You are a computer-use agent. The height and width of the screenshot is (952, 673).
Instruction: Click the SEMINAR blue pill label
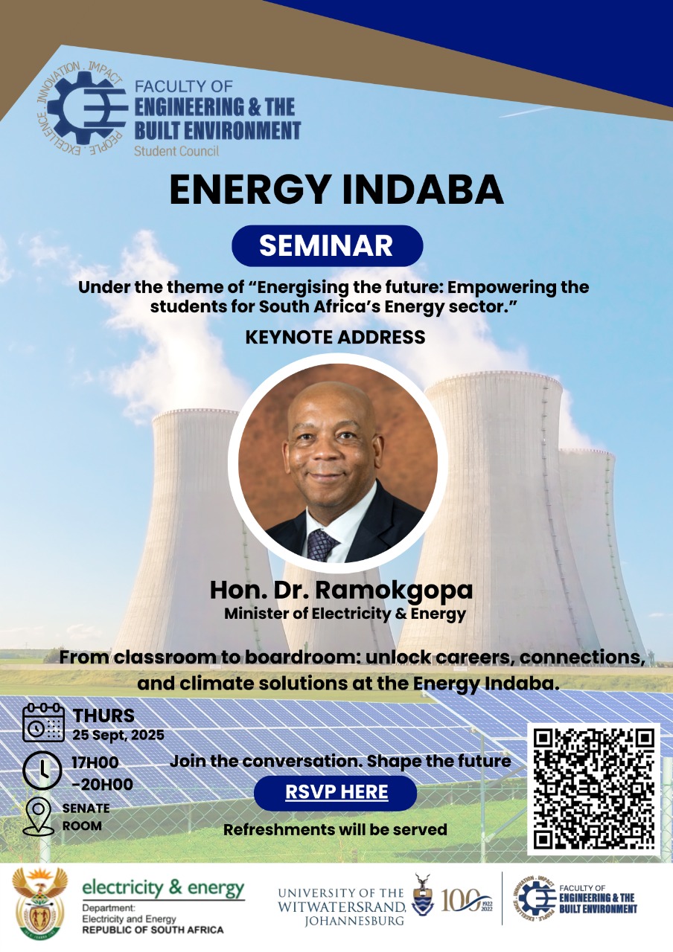327,246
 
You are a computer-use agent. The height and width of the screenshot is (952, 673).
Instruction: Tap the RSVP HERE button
336,792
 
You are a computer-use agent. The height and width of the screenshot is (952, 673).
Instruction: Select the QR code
594,788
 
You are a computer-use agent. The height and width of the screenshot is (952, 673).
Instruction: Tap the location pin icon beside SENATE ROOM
39,816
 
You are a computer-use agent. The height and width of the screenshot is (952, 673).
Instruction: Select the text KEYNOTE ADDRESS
335,337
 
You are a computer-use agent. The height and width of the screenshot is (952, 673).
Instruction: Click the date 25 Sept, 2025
118,735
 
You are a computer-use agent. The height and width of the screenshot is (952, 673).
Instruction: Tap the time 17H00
95,762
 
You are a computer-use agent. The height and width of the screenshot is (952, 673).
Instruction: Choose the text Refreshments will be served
335,829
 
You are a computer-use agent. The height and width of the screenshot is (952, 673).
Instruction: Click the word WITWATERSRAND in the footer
342,907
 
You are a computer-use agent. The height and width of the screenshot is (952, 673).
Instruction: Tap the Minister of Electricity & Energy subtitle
345,614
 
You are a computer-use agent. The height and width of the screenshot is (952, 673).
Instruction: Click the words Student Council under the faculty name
176,151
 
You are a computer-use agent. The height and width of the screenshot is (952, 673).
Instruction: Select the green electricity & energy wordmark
163,888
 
